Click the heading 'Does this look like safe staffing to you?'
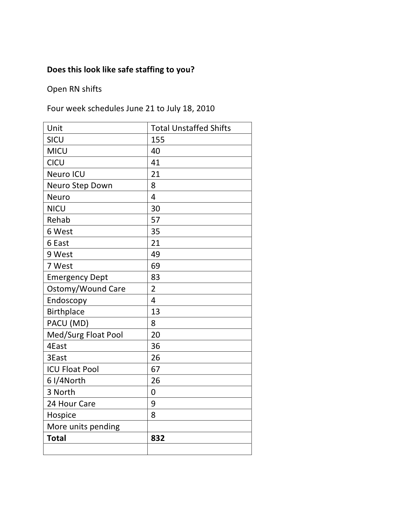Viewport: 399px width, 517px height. coord(120,70)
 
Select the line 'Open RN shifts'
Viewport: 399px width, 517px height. coord(74,89)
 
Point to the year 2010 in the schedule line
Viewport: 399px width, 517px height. coord(206,109)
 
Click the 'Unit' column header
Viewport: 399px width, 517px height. coord(55,128)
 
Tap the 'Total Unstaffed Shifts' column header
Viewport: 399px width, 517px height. coord(191,128)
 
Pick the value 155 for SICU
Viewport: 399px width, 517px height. coord(157,140)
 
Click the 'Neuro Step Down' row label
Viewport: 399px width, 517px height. coord(79,185)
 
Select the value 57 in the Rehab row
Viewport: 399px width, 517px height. coord(155,220)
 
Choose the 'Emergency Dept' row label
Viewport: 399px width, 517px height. coord(77,277)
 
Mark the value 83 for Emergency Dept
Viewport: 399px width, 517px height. coord(155,277)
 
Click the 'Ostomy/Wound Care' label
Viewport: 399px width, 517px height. coord(86,289)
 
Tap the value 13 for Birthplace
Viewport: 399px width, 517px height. coord(155,312)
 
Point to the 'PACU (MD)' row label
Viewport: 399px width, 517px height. coord(68,323)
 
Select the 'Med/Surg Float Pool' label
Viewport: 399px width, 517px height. coord(85,335)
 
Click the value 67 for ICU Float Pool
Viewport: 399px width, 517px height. coord(155,369)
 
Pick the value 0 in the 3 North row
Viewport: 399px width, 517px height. coord(153,392)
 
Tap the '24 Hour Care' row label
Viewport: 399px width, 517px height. coord(71,404)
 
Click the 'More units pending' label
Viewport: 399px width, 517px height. coord(83,427)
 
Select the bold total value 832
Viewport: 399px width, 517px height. coord(157,438)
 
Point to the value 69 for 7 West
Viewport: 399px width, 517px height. coord(155,266)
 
